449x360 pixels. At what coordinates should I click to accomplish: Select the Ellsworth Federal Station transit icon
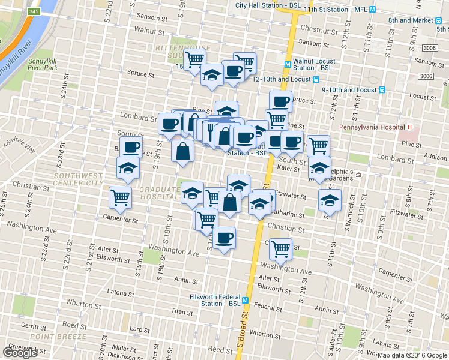[x=246, y=299]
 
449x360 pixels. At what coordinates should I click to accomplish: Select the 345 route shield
[x=34, y=11]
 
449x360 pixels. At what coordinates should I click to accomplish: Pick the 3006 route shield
[x=427, y=76]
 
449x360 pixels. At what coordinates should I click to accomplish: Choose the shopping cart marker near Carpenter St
[x=121, y=197]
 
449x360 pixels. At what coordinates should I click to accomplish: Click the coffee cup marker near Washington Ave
[x=224, y=239]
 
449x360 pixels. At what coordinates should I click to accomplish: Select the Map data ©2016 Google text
[x=412, y=355]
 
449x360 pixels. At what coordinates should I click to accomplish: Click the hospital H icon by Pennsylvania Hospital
[x=409, y=127]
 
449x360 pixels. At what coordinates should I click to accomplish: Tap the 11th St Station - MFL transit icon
[x=373, y=10]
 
